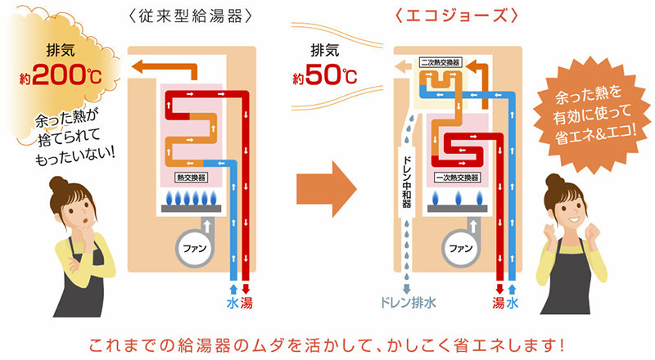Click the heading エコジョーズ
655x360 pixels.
[x=453, y=16]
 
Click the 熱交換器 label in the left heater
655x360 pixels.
[x=191, y=175]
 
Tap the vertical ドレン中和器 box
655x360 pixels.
[x=407, y=181]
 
